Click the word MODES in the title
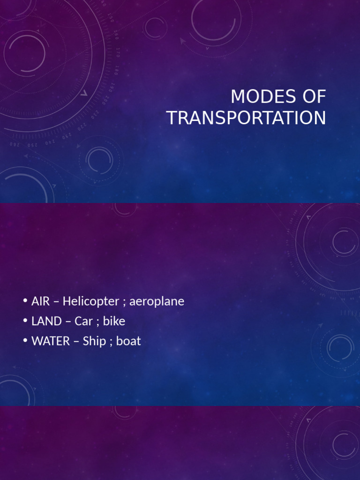coord(261,97)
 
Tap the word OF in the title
coord(312,97)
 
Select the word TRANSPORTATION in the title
coord(247,118)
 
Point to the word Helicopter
coord(90,301)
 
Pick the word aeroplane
coord(157,302)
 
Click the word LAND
coord(46,321)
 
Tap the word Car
coord(84,321)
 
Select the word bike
coord(114,321)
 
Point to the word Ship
coord(94,341)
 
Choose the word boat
coord(128,341)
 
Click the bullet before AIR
coord(25,301)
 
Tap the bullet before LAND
coord(25,321)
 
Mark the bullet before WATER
coord(25,341)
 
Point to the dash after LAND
coord(68,322)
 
